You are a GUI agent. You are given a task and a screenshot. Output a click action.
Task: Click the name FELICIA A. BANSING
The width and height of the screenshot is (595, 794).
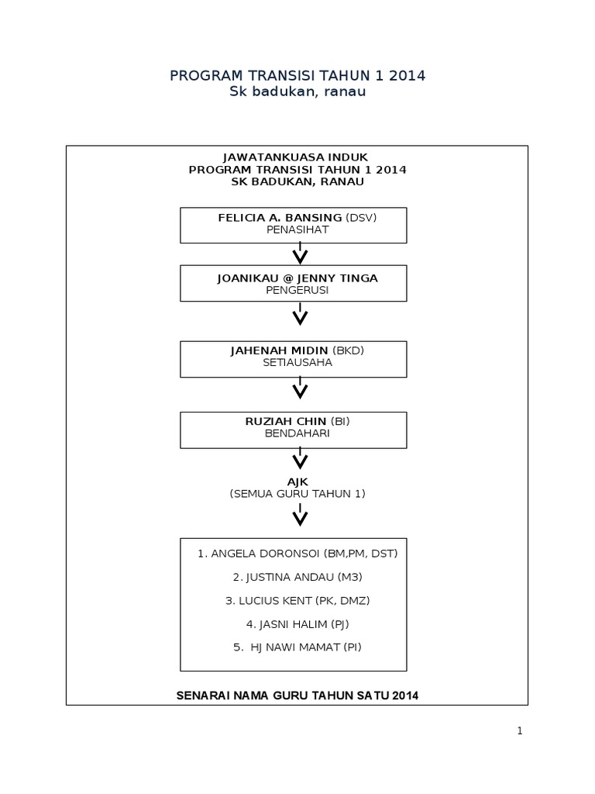tap(280, 218)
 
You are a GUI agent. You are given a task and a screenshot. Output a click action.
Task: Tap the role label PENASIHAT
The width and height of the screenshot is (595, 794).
tap(297, 230)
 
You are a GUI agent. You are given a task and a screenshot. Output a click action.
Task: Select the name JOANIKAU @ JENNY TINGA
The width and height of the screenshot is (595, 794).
tap(297, 278)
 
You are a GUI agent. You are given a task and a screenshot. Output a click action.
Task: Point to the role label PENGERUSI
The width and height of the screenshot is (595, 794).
tap(297, 290)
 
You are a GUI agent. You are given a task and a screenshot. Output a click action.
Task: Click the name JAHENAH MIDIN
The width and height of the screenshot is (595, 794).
tap(279, 351)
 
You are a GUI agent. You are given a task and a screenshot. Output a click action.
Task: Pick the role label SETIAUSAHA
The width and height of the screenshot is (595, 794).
tap(297, 363)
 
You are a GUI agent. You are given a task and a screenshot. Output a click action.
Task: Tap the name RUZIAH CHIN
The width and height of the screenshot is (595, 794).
tap(285, 421)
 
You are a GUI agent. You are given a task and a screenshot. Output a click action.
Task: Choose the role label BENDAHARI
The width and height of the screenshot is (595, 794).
tap(297, 433)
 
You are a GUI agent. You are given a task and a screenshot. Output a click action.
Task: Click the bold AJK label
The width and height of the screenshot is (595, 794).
tap(297, 482)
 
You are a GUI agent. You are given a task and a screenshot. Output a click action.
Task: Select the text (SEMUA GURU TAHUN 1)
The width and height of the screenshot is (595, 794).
tap(297, 494)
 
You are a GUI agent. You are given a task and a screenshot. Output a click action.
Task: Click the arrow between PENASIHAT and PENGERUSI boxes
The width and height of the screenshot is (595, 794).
tap(300, 254)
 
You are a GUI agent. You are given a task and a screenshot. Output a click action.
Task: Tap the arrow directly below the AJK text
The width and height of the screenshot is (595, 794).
tap(300, 515)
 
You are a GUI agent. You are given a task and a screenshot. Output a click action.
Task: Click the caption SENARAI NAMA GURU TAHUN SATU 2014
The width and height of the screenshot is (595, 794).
tap(297, 696)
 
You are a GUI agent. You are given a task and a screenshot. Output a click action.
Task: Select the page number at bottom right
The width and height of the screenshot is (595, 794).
tap(520, 730)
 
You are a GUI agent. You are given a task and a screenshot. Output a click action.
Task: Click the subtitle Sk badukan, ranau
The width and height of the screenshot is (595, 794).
tap(297, 91)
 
